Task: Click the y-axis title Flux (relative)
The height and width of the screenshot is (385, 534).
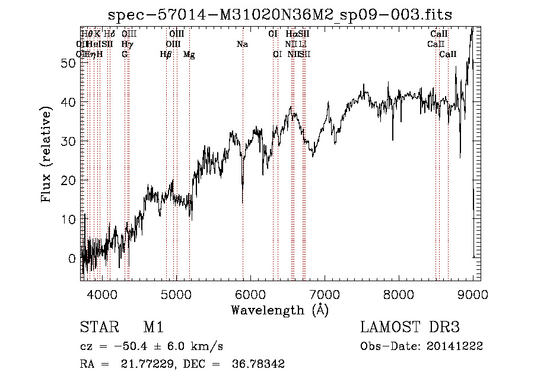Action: tap(46, 154)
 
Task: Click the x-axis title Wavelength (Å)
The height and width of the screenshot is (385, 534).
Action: tap(279, 310)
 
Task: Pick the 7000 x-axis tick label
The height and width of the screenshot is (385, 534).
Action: tap(325, 292)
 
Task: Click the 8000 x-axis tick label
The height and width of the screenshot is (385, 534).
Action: tap(399, 292)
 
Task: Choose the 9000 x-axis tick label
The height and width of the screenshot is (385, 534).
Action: tap(473, 292)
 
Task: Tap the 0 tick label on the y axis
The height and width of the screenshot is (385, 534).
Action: tap(72, 259)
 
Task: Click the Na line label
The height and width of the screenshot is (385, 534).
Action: tap(242, 44)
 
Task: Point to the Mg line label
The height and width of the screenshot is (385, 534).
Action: tap(189, 55)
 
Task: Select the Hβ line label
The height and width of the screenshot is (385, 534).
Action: tap(166, 55)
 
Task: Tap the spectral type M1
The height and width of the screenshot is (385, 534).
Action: tap(154, 327)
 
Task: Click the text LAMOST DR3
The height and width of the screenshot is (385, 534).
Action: tap(410, 327)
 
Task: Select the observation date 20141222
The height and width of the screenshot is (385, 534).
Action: tap(454, 346)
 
